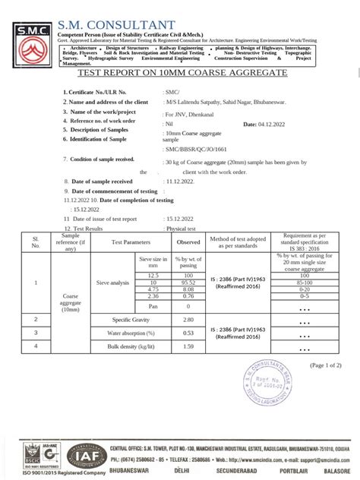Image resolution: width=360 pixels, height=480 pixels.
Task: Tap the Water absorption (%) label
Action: pos(131,333)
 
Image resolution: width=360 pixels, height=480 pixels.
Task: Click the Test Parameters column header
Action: pos(131,242)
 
